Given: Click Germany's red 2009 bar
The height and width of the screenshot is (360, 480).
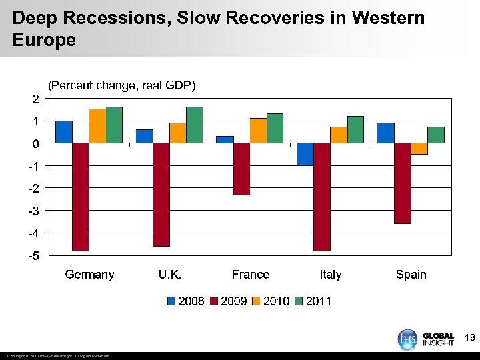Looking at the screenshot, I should (81, 197).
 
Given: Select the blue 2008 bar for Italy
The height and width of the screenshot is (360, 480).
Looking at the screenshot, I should (305, 154).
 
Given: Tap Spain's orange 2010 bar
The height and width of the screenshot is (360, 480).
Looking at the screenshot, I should (419, 149).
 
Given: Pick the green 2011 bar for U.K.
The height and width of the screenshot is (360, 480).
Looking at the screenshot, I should (195, 125).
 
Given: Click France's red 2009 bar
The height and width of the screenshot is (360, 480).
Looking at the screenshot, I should (241, 169).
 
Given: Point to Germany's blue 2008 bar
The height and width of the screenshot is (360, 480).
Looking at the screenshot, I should (64, 132).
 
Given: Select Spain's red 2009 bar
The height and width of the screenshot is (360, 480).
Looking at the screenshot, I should (403, 183).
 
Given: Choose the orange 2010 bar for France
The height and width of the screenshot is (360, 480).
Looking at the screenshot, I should (258, 131).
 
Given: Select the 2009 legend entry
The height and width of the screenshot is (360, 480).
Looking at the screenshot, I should (228, 301).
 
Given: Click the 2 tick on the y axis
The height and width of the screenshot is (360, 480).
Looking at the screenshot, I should (35, 99).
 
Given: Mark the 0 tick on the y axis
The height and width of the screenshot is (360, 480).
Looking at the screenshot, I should (35, 143).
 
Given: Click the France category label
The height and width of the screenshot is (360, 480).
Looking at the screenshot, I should (251, 275).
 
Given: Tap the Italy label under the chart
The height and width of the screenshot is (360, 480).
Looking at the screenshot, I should (330, 275).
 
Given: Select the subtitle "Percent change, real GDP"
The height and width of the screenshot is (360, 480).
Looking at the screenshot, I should (121, 85).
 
